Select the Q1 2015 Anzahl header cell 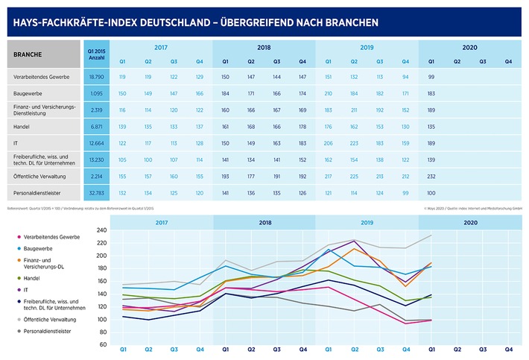(95, 54)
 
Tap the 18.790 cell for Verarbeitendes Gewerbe (95, 77)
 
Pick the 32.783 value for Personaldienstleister (95, 192)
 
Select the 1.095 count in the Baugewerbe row (95, 93)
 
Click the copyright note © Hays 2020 (434, 206)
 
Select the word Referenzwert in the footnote (20, 206)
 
